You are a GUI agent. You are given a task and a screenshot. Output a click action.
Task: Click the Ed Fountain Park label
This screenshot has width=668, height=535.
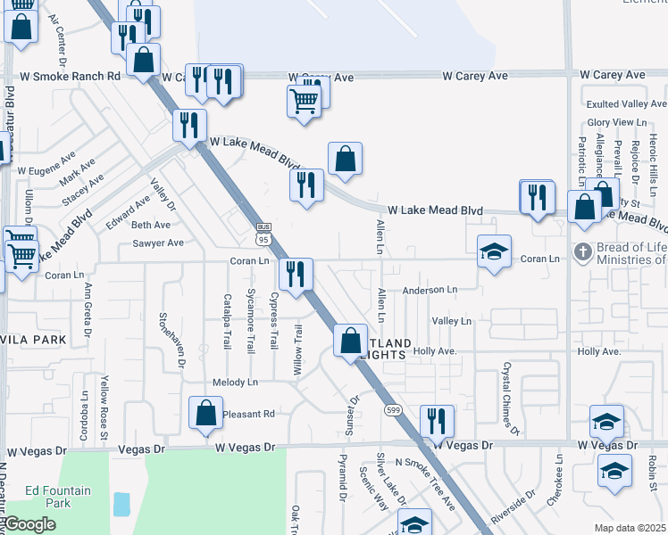(x=58, y=497)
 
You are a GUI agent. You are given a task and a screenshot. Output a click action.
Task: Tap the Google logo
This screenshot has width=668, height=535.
(x=29, y=524)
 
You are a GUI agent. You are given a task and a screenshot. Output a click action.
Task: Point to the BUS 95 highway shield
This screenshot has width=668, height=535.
(x=263, y=234)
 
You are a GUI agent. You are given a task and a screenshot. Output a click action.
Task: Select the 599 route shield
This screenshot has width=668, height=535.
(x=392, y=409)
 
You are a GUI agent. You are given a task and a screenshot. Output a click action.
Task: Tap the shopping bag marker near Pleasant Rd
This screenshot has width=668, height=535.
(x=205, y=413)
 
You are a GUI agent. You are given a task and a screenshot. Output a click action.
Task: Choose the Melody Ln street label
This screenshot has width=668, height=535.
(x=235, y=383)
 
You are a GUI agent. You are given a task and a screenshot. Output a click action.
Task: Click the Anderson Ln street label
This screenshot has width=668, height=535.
(x=430, y=290)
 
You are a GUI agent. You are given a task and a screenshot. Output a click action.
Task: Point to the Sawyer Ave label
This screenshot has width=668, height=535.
(x=158, y=243)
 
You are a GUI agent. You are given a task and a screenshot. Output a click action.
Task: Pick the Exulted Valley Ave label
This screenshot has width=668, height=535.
(x=624, y=104)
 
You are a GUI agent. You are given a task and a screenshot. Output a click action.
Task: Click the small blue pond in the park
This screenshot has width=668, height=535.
(x=121, y=504)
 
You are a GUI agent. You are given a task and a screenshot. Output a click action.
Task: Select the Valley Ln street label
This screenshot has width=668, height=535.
(x=451, y=321)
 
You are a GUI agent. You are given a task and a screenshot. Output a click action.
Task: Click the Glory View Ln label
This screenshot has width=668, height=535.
(x=616, y=122)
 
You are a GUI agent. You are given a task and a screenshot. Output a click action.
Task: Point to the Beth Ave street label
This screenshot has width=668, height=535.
(x=150, y=225)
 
